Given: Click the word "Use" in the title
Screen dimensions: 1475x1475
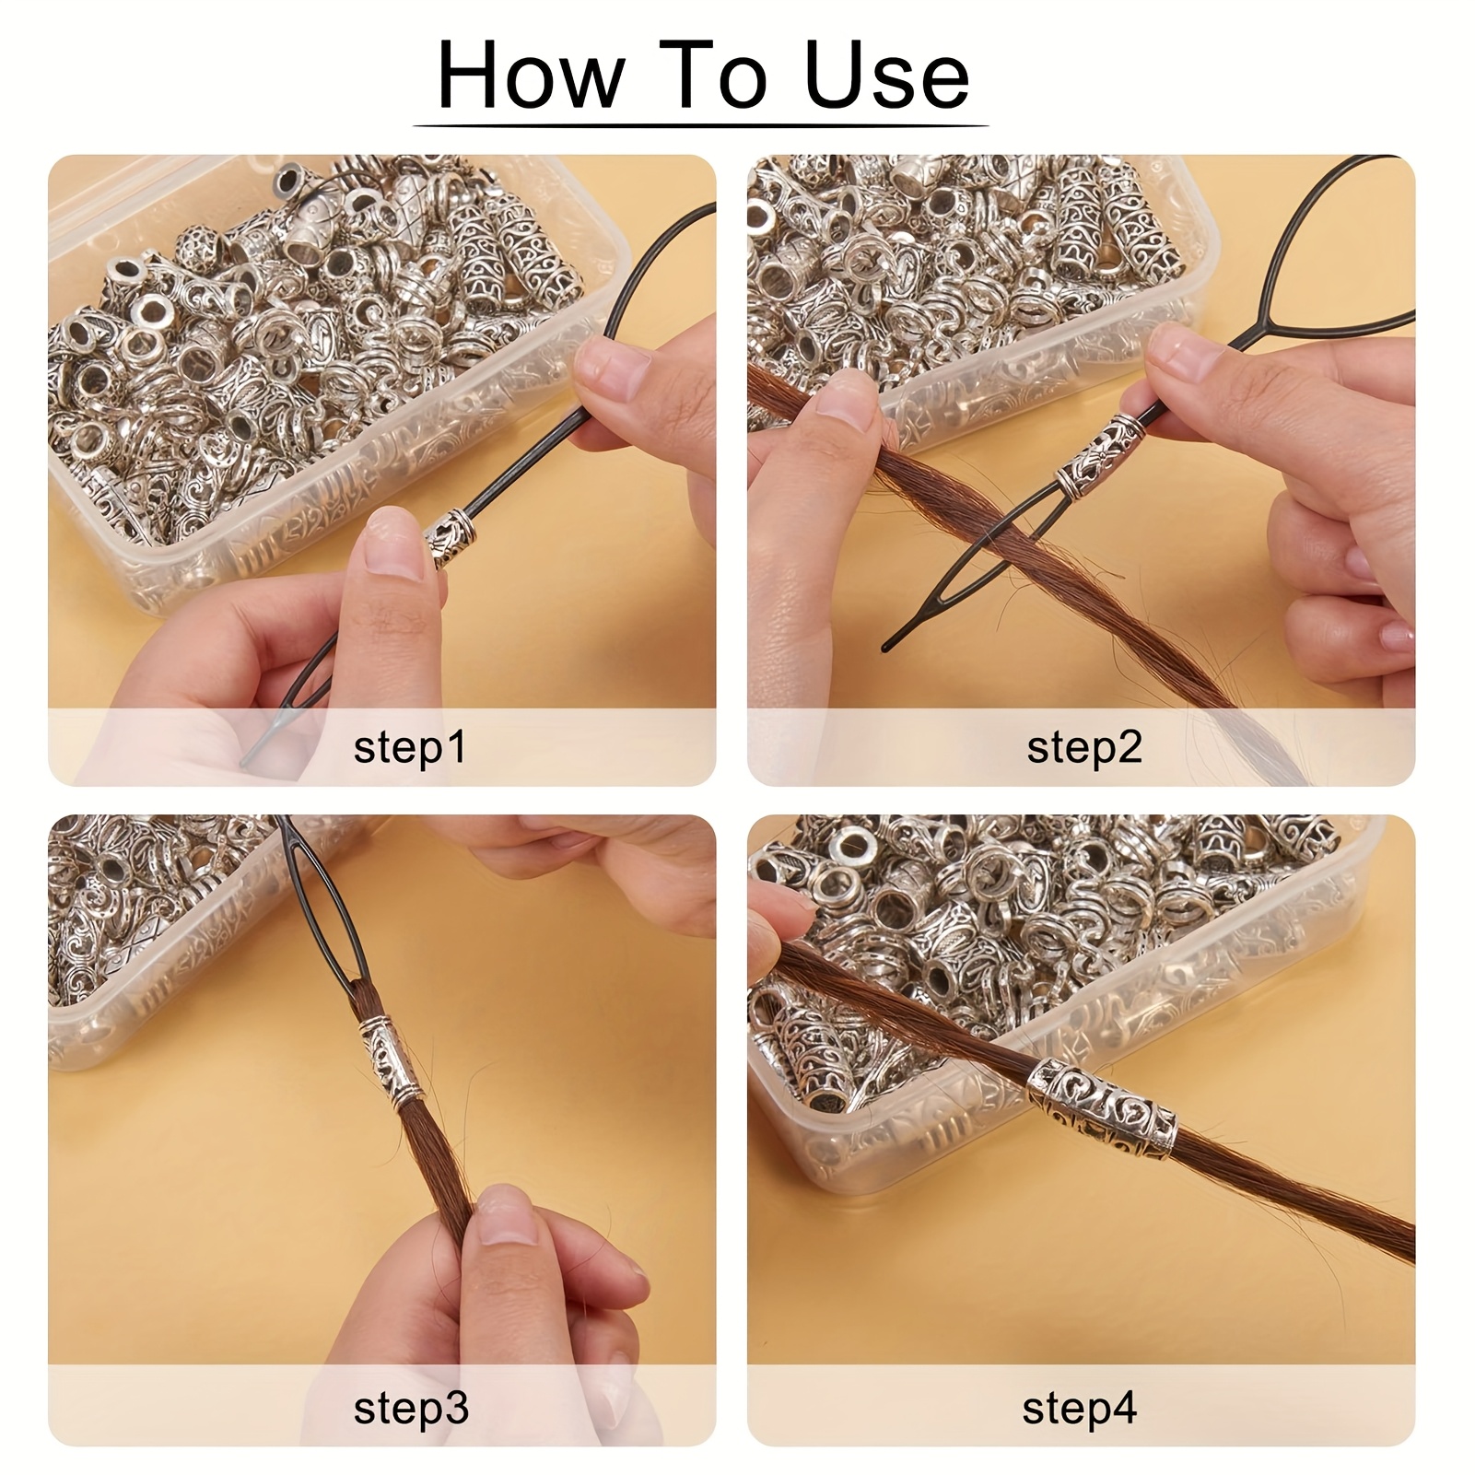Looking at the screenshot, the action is click(887, 76).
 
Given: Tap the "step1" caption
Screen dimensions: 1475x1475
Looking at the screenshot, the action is click(410, 747).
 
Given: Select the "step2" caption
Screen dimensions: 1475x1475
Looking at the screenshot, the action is click(1083, 747).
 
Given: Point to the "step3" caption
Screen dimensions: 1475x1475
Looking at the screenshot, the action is click(411, 1408).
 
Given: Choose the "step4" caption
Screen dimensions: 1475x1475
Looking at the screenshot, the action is click(1080, 1408).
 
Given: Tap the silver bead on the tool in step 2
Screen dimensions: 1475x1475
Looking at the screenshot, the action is click(1101, 452).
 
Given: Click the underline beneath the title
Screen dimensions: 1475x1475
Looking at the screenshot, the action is click(701, 125).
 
